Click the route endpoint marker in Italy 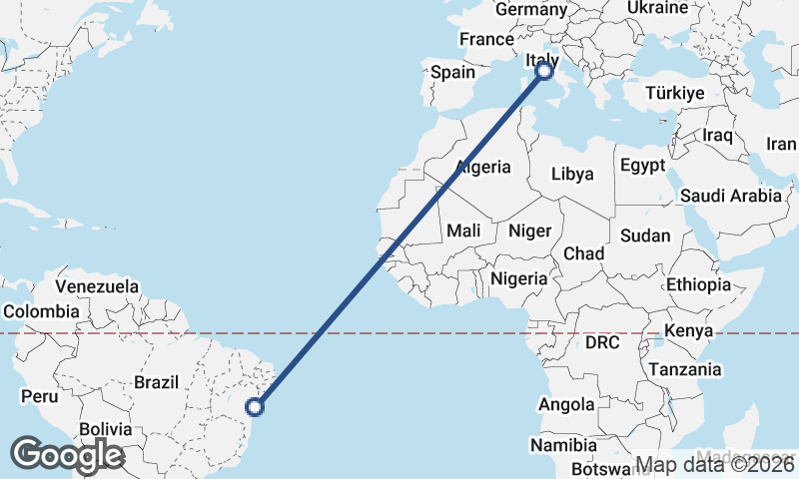[545, 71]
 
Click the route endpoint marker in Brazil [255, 406]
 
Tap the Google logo [67, 455]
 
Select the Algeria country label [482, 168]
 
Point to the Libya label [572, 174]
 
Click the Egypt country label [642, 166]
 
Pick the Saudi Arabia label [731, 196]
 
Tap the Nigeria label [519, 278]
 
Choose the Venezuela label [97, 287]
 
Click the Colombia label [40, 311]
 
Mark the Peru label [41, 396]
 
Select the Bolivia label [106, 429]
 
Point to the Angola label [566, 405]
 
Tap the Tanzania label [685, 369]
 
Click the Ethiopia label [698, 284]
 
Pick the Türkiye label [676, 93]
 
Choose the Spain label [452, 72]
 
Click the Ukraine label [657, 8]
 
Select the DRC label [602, 343]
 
